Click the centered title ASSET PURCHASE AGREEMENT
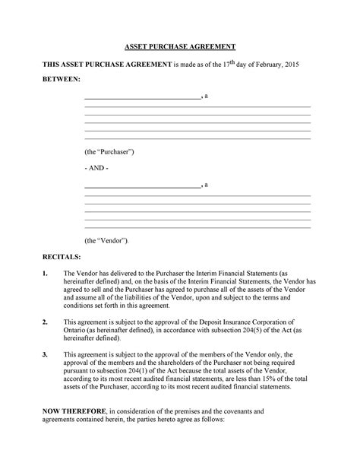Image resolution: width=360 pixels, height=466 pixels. [181, 46]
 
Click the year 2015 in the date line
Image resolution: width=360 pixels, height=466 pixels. [289, 65]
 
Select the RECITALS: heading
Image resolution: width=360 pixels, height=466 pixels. [61, 258]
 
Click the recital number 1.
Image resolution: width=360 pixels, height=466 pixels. [46, 273]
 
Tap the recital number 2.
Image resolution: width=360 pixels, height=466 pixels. [46, 322]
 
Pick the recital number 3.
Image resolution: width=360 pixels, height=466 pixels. [46, 354]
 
